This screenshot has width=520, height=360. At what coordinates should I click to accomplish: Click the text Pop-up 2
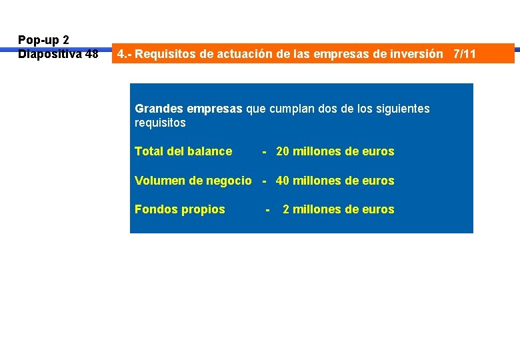tap(43, 40)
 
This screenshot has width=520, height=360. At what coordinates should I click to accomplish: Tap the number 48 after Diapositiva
tap(91, 54)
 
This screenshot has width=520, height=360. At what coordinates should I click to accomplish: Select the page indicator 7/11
tap(465, 54)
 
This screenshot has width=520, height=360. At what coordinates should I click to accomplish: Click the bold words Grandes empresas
tap(189, 108)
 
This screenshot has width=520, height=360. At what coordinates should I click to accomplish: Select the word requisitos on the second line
tap(160, 123)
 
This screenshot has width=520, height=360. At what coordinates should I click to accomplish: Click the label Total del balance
tap(183, 151)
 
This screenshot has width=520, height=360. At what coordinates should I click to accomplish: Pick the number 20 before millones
tap(283, 151)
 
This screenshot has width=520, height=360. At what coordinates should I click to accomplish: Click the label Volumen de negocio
tap(193, 181)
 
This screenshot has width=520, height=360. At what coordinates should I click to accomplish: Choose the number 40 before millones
tap(283, 181)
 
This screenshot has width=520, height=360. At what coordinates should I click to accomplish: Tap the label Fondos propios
tap(180, 209)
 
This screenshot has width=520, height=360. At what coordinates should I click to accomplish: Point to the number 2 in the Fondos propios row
tap(286, 209)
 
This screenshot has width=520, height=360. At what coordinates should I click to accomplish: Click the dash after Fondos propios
tap(267, 209)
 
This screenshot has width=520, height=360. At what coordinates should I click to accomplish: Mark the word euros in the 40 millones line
tap(379, 181)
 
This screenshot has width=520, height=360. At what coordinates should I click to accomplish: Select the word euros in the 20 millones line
tap(379, 151)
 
